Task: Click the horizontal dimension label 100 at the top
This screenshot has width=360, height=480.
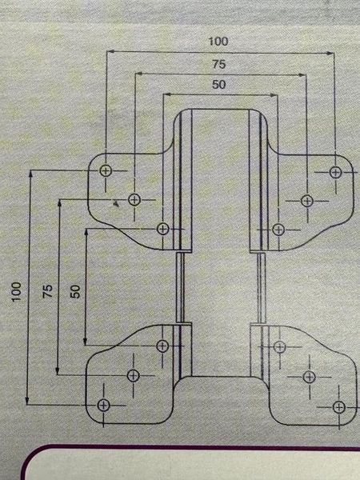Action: [218, 42]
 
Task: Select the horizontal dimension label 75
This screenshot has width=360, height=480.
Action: [219, 64]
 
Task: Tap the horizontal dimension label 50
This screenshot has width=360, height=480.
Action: [219, 85]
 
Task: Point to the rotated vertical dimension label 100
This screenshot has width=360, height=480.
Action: [17, 292]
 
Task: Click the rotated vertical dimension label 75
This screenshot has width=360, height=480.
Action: [48, 291]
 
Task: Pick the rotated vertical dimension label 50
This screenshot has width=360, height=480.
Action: [75, 291]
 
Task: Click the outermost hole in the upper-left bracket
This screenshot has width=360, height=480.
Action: [106, 171]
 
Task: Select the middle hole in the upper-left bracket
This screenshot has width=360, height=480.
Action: [134, 200]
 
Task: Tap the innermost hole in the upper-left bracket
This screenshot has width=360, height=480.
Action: [163, 229]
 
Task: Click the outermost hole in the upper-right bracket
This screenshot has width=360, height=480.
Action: [336, 172]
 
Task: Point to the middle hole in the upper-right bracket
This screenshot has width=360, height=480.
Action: [307, 201]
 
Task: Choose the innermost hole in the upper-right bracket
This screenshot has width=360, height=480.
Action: [278, 230]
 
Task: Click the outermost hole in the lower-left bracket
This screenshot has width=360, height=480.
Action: [103, 406]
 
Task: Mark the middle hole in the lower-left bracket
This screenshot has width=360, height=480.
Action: [133, 375]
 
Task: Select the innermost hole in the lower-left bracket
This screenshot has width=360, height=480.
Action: [162, 346]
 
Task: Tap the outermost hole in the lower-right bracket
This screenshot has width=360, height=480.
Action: [339, 407]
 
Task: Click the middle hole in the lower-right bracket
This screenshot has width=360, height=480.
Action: [309, 377]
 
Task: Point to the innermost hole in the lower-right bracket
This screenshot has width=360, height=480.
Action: [279, 347]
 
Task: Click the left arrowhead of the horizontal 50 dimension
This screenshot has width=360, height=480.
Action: [166, 95]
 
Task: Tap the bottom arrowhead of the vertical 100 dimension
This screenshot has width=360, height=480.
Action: [27, 401]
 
